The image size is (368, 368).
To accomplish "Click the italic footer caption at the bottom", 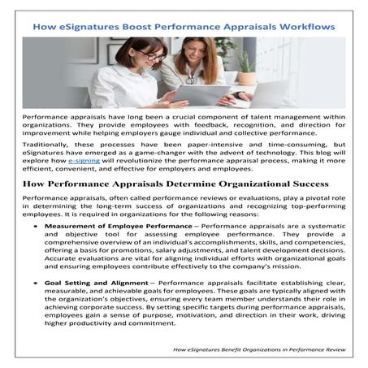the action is [x=258, y=349].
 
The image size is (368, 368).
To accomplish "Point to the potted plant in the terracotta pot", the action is [x=245, y=65].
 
